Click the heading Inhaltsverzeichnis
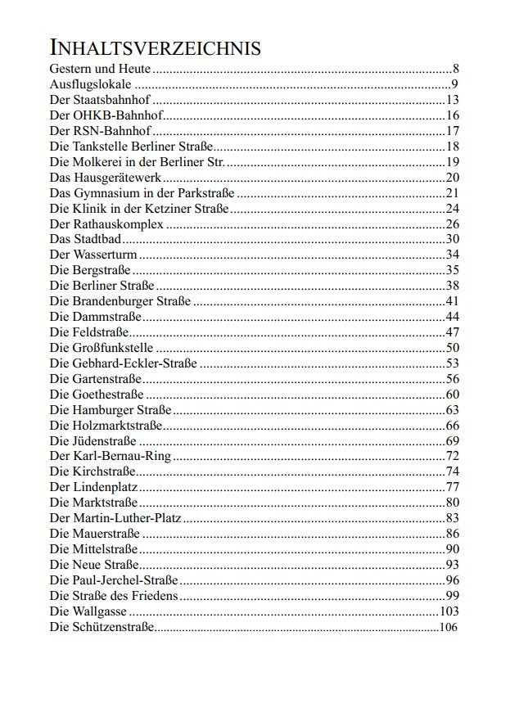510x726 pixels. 155,47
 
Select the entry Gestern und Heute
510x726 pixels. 100,69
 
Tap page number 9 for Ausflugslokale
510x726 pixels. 454,84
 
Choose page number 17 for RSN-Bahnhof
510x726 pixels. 453,131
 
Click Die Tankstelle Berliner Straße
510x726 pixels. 131,147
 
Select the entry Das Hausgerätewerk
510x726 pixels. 105,178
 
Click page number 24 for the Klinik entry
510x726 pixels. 453,209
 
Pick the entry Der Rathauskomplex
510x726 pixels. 106,224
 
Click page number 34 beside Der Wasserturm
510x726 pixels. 453,255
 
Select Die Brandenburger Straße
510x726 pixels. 120,301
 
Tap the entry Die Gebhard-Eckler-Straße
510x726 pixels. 123,363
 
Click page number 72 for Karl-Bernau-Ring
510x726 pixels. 453,456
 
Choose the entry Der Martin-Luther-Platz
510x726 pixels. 115,518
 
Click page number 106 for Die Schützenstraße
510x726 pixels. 449,627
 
